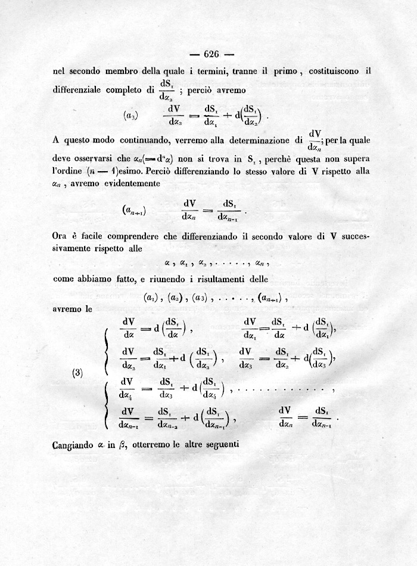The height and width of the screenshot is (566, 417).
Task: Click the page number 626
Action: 211,53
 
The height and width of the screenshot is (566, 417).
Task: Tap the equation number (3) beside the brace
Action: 77,374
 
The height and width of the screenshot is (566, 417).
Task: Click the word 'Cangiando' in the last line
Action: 73,444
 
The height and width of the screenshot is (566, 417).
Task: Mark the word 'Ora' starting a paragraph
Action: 60,236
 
